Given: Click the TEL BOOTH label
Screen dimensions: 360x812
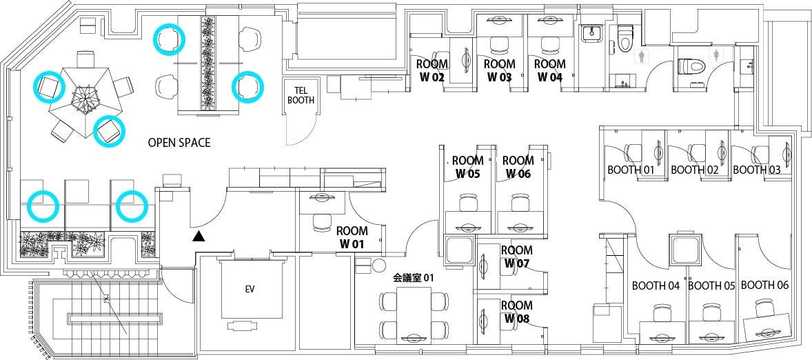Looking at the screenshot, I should click(x=300, y=95).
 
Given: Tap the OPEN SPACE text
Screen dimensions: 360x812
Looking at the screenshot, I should click(x=179, y=143).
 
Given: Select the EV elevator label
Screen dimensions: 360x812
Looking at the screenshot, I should click(x=250, y=290).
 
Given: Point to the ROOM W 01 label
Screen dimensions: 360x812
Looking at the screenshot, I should click(x=352, y=237).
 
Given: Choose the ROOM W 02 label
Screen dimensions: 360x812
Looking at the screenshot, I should click(x=432, y=70).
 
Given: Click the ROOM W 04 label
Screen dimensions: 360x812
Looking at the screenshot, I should click(x=549, y=70).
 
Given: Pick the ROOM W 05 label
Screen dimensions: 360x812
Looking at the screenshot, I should click(x=467, y=167).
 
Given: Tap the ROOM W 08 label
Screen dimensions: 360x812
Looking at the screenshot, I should click(x=516, y=312).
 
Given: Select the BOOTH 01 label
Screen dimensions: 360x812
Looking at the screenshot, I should click(x=630, y=170).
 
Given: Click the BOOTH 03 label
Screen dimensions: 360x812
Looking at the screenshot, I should click(x=756, y=170).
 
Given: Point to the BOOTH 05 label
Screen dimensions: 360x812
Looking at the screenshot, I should click(x=713, y=286).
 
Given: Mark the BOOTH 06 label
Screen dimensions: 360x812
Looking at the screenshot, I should click(x=764, y=285).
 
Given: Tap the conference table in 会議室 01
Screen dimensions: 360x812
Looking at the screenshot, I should click(x=414, y=314).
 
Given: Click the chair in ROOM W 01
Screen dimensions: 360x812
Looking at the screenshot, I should click(x=322, y=222).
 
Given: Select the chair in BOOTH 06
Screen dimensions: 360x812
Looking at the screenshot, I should click(x=764, y=308).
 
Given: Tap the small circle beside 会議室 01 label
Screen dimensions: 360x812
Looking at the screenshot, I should click(x=378, y=264).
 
